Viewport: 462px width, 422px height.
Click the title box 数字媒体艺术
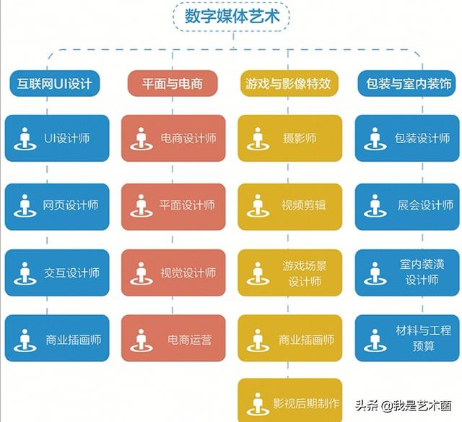(231, 16)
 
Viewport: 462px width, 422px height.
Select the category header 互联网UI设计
(55, 83)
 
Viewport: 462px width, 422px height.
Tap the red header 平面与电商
(173, 83)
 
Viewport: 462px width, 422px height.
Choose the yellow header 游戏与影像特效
(289, 83)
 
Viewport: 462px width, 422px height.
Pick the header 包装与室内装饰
(407, 83)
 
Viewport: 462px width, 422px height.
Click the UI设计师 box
(57, 138)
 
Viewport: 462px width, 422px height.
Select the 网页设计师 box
(57, 207)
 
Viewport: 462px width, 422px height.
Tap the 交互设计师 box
(57, 272)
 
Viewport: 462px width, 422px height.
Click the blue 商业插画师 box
(57, 338)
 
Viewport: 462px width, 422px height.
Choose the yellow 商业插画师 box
(290, 338)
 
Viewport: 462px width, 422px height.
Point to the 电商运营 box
(173, 338)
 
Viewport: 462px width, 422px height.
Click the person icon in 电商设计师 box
(141, 139)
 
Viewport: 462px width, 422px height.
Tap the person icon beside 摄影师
(258, 139)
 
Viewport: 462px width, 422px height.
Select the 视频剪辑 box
(290, 207)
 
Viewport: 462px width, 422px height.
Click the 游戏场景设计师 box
(290, 272)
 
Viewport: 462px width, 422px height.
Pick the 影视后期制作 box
(290, 400)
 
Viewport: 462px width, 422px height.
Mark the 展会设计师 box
(407, 207)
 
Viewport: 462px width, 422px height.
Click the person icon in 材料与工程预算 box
(375, 340)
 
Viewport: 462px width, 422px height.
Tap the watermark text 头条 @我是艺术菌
(403, 406)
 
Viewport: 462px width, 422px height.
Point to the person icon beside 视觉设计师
(141, 273)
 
